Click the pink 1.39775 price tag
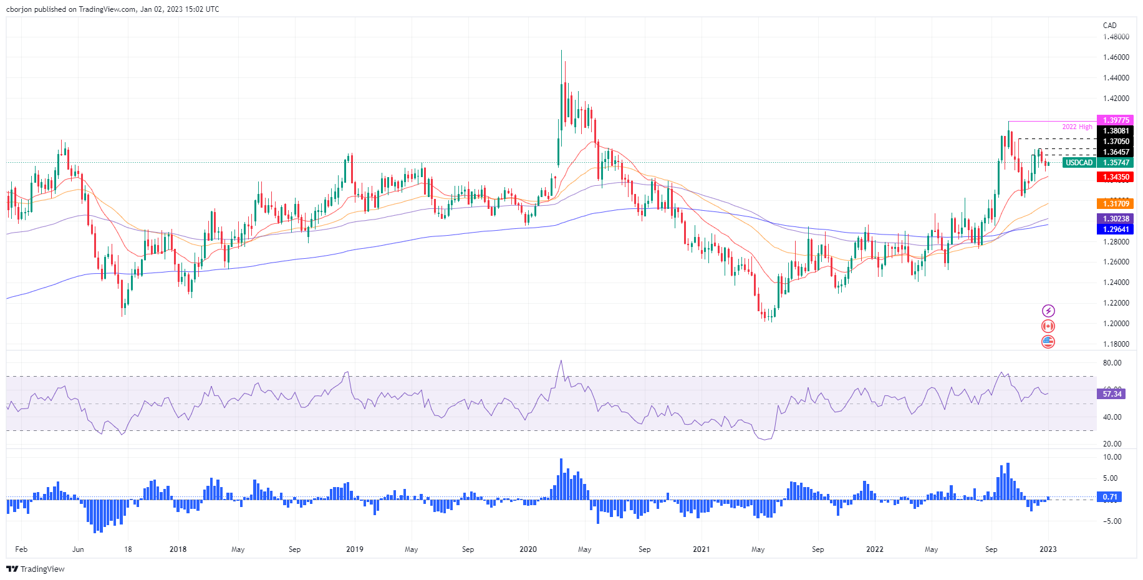[1115, 120]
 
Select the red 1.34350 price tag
[1115, 177]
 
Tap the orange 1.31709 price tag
[1115, 204]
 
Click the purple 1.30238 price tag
[1115, 219]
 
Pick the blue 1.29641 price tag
[1115, 230]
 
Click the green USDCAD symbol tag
[1079, 163]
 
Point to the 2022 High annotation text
[1077, 127]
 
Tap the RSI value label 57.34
[1112, 394]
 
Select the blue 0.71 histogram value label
[1110, 497]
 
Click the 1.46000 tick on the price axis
[1116, 57]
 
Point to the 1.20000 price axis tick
[1116, 324]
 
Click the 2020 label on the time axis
[528, 549]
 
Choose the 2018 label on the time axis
[178, 549]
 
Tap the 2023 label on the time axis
[1048, 549]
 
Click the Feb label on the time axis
[21, 549]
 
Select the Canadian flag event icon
[1048, 326]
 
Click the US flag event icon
[1048, 342]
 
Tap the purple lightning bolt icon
[1048, 311]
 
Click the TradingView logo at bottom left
[36, 569]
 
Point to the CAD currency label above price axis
[1109, 26]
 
